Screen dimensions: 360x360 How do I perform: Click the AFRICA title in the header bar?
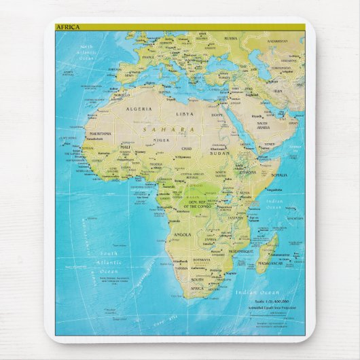[67, 27]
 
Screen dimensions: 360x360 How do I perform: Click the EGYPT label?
[217, 115]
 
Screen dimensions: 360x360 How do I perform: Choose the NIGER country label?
[160, 140]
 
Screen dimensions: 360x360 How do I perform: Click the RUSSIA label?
[231, 39]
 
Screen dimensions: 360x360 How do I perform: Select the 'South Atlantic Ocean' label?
[109, 262]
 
